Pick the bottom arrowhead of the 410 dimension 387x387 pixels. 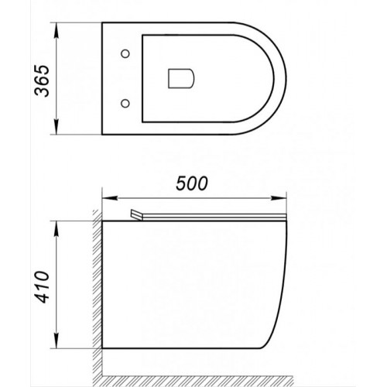click(x=60, y=348)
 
